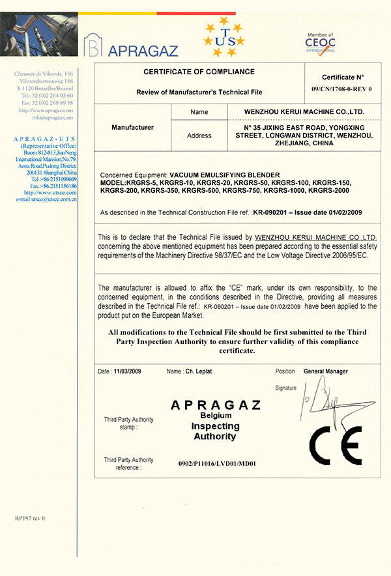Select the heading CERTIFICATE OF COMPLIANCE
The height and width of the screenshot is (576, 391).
(x=199, y=72)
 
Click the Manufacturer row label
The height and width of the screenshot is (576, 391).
(x=132, y=127)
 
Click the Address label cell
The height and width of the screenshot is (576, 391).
(x=199, y=136)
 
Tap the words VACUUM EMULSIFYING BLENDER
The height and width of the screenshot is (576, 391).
(x=224, y=176)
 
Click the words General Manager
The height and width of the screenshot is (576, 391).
(x=326, y=371)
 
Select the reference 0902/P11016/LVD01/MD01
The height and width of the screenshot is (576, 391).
(x=218, y=464)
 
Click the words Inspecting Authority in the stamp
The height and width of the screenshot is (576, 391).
(x=215, y=431)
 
